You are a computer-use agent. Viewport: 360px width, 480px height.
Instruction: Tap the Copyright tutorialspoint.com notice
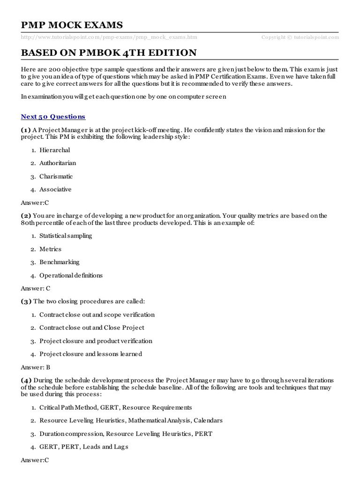(300, 37)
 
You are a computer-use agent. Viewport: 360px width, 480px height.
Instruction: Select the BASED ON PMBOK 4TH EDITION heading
(109, 52)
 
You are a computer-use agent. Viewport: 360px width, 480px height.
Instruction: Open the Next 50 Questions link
(53, 116)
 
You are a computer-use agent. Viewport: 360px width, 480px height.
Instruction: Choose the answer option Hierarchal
(55, 150)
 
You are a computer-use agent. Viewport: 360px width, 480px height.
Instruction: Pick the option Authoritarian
(58, 163)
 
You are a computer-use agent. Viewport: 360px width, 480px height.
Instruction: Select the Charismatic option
(56, 176)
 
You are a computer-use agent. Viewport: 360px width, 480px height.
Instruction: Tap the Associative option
(55, 189)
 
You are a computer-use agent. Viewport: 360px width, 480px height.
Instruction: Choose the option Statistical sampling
(66, 236)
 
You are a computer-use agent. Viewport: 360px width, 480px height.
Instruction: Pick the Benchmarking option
(60, 262)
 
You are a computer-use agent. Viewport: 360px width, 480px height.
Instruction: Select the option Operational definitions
(71, 275)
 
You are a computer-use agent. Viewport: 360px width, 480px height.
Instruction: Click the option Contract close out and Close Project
(92, 328)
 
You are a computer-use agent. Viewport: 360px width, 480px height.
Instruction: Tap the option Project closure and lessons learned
(91, 354)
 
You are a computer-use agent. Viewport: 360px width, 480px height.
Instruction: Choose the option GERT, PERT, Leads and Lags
(84, 447)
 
